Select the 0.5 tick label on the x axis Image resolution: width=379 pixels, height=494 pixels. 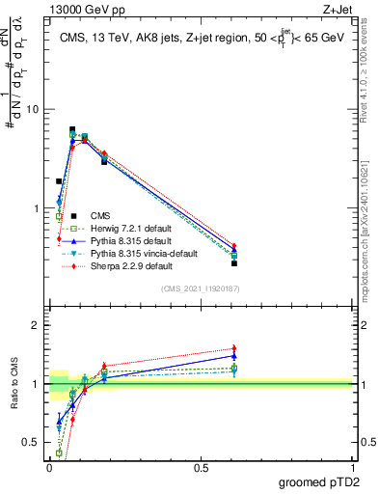201,467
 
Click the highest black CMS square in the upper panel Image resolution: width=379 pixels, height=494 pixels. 72,129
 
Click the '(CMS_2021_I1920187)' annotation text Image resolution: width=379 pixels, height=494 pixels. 201,288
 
